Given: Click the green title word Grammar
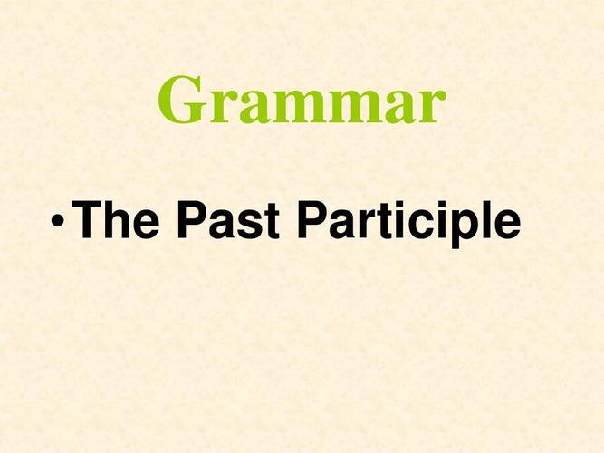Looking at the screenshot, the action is click(302, 100).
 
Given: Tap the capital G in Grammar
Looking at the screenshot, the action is click(181, 100).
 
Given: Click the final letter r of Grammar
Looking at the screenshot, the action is click(431, 106).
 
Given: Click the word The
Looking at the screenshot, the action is click(115, 219).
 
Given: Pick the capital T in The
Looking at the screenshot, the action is click(86, 219).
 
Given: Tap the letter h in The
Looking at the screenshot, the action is click(117, 219).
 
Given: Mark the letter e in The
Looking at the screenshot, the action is click(146, 224).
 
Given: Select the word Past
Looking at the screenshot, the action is click(227, 220).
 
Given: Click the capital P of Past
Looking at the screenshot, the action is click(192, 219).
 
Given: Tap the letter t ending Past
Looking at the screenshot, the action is click(272, 221).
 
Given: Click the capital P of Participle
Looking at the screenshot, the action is click(313, 219).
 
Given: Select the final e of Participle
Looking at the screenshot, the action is click(506, 224).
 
